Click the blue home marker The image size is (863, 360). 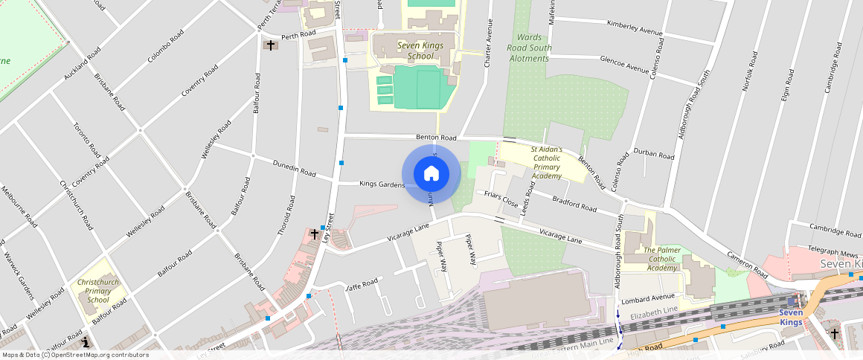coord(431,174)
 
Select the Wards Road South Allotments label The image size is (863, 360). coord(529,48)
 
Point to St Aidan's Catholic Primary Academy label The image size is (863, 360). coord(546,163)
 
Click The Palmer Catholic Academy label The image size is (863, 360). coord(661,259)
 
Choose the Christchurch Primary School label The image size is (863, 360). coord(97,291)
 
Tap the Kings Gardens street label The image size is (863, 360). coord(381,184)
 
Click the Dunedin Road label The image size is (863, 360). coord(295,167)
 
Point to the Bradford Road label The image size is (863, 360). coord(574,203)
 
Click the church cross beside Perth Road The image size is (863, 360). coord(270,45)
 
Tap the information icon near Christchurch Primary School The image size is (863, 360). coord(86,342)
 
